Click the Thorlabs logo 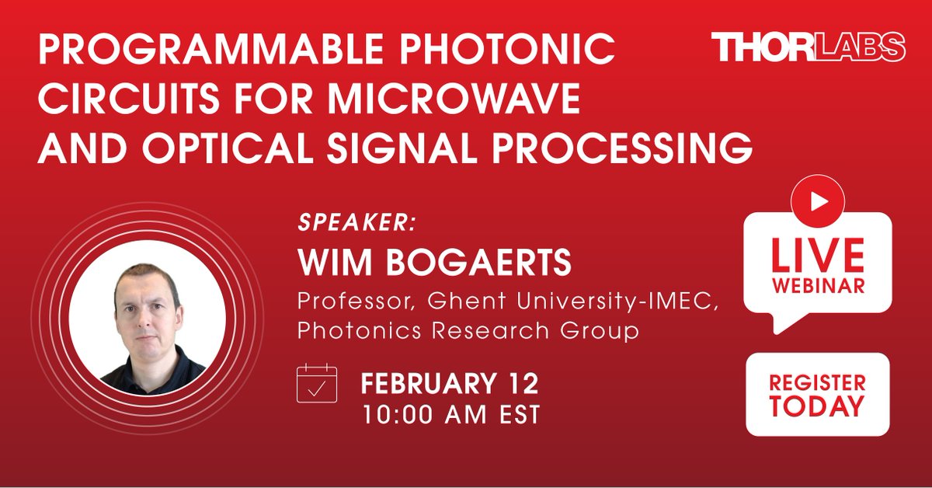coord(809,48)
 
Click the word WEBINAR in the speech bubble coord(817,286)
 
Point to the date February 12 coord(450,384)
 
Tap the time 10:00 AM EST coord(450,414)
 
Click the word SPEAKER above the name coord(356,222)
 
